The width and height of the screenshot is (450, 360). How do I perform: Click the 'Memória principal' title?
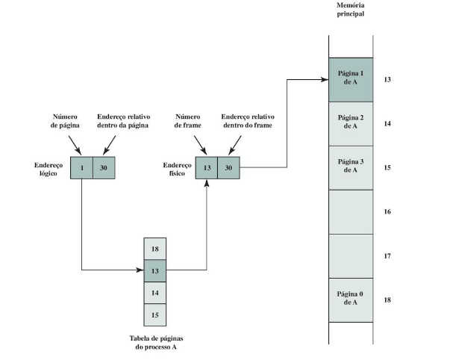[x=351, y=10]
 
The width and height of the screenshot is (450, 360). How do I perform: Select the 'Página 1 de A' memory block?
[x=351, y=80]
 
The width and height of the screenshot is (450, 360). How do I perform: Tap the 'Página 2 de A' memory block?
[x=351, y=122]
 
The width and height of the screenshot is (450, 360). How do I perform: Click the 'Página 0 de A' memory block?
[x=351, y=299]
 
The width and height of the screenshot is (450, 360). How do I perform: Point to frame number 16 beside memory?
[x=387, y=212]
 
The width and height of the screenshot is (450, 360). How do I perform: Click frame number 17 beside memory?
[x=387, y=255]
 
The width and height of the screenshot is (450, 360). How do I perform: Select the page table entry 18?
[x=155, y=249]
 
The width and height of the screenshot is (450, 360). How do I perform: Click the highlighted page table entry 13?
[x=155, y=270]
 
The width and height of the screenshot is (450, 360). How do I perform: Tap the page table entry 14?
[x=155, y=292]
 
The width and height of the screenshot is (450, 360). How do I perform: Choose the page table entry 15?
[x=155, y=314]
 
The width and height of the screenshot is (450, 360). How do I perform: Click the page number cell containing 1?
[x=82, y=168]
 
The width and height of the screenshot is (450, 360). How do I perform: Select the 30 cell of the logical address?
[x=104, y=168]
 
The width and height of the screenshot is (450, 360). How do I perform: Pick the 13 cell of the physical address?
[x=207, y=168]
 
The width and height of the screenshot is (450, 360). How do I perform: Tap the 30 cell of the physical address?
[x=229, y=168]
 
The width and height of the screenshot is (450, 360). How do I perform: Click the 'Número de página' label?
[x=65, y=121]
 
